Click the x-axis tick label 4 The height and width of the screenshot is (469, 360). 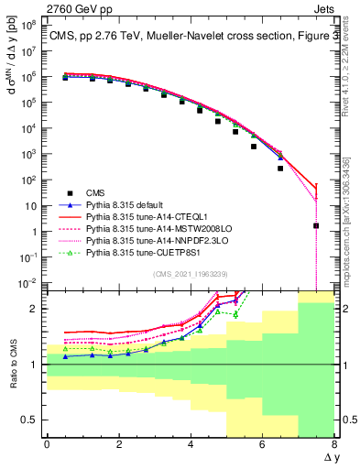click(x=191, y=444)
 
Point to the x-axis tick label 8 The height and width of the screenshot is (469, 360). click(x=334, y=444)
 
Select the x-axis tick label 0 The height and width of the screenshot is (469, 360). click(x=47, y=444)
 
